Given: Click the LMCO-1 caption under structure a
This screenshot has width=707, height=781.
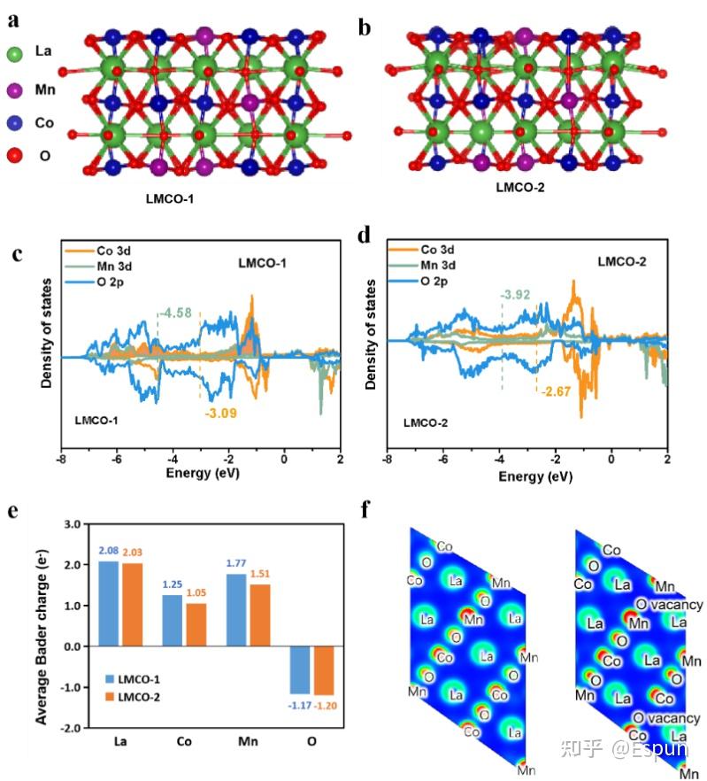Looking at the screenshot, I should [169, 199].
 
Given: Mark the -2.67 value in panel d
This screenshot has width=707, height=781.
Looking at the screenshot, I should [557, 391].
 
